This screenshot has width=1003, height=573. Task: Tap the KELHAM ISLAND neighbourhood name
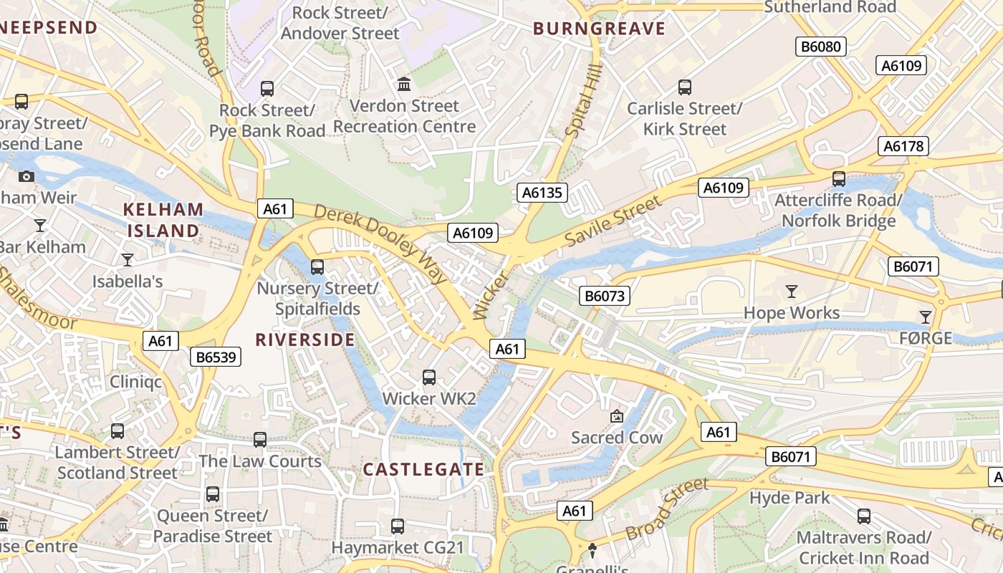point(163,220)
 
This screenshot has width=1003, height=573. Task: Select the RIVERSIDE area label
point(305,340)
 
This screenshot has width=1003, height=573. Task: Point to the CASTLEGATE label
point(423,469)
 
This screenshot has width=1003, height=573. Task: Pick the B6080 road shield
point(821,47)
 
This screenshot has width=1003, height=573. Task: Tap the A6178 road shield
point(903,146)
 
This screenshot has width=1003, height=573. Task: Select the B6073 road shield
point(605,295)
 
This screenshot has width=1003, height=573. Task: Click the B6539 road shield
point(215,357)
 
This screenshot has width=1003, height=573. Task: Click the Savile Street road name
point(613,222)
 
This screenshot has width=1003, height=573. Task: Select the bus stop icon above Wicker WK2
point(429,377)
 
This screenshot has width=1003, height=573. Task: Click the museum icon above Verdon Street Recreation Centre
point(404,85)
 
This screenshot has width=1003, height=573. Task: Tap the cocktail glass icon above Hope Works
point(792,292)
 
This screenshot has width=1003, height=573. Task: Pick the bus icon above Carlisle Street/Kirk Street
point(685,87)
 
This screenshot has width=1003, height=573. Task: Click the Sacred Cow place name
point(617,437)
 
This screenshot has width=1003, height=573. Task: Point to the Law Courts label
point(260,461)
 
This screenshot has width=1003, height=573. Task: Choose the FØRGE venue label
point(926,337)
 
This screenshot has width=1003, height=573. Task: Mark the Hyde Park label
point(790,497)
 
